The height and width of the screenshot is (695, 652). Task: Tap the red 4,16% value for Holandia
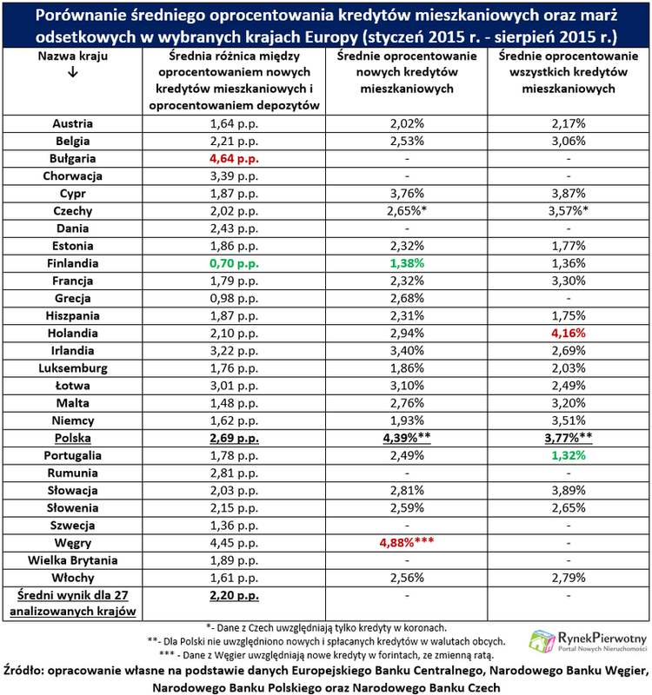tap(568, 332)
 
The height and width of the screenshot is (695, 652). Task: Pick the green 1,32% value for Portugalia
tap(568, 454)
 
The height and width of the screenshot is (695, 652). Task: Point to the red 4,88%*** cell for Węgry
tap(406, 543)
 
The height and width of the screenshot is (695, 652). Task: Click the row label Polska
tap(72, 437)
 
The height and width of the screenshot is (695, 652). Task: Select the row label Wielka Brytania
tap(72, 560)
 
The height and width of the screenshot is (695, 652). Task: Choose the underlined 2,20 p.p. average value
tap(235, 595)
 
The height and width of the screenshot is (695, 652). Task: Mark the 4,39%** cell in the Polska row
tap(406, 437)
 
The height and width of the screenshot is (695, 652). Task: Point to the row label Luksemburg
tap(72, 367)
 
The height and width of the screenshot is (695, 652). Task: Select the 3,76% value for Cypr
tap(406, 194)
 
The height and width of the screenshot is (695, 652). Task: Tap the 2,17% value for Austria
tap(568, 124)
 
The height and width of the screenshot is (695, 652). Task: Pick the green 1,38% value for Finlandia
tap(406, 262)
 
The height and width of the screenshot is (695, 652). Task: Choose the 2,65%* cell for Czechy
tap(406, 211)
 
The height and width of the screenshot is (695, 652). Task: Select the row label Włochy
tap(72, 578)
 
